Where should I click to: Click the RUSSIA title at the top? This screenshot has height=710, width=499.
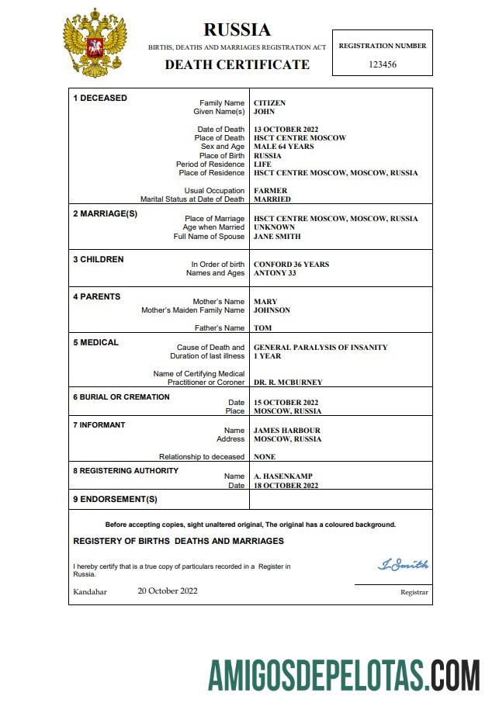coord(237,30)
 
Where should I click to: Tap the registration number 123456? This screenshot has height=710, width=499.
coord(382,64)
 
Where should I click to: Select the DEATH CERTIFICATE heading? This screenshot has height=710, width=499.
coord(237,65)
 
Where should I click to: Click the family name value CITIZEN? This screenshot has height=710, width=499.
coord(269,103)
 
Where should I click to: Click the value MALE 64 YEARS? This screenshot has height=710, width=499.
coord(283,147)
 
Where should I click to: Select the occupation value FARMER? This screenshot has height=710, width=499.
coord(270,191)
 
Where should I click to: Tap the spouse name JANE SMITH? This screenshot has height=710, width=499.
coord(277,237)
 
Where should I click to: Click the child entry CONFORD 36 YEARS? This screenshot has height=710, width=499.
coord(291,265)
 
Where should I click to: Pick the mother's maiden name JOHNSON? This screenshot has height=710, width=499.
coord(272,310)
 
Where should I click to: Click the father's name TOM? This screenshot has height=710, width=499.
coord(262,328)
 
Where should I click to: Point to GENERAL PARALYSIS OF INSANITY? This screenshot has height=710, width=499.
coord(321,348)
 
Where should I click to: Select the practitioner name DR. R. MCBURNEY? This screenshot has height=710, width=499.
coord(288,383)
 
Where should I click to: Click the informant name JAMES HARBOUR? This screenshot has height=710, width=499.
coord(286,431)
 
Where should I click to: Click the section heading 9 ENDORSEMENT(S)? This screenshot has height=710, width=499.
coord(115,499)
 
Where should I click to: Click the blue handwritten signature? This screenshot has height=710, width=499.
coord(403,565)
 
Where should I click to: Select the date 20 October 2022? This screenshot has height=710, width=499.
coord(168,591)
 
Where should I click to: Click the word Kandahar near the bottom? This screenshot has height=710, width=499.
coord(90,591)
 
